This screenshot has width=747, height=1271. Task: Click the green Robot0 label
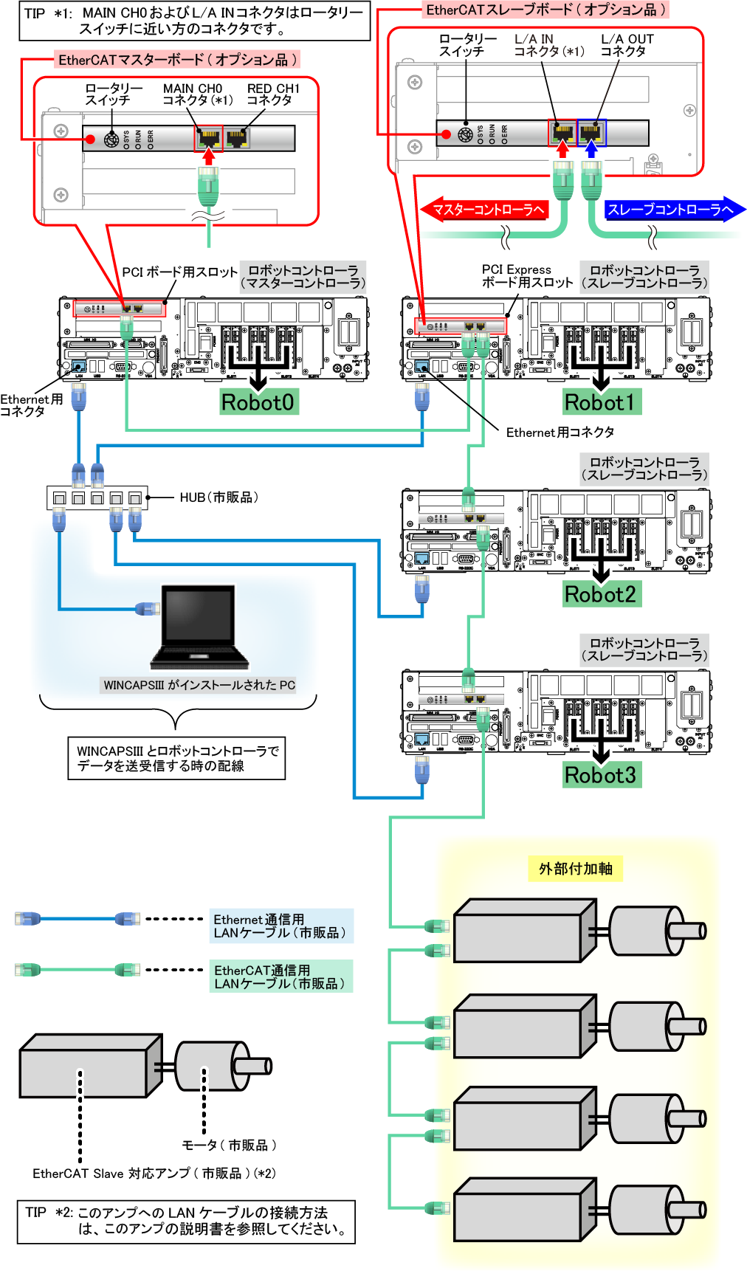258,402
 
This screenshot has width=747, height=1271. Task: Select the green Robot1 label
600,402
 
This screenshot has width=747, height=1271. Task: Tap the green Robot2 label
600,594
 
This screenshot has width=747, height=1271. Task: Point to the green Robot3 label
600,775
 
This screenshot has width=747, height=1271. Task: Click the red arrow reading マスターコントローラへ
485,210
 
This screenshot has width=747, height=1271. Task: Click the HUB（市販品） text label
219,497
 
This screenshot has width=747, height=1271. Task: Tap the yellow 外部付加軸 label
576,869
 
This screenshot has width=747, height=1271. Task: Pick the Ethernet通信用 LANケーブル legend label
281,926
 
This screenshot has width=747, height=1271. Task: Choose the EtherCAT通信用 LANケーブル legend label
281,976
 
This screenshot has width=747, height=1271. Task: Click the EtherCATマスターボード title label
177,60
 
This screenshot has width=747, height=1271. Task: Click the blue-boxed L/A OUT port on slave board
591,133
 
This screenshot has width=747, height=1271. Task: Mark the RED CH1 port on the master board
237,137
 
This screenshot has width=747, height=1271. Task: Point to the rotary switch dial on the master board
111,139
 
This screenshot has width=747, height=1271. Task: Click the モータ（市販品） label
229,1145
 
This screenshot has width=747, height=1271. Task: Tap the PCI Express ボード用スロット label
527,276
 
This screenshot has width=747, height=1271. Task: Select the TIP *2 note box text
186,1222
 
